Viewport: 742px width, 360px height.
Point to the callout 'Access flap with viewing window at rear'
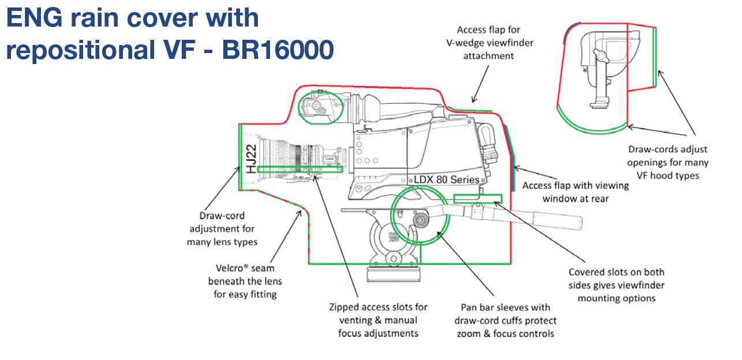(575, 192)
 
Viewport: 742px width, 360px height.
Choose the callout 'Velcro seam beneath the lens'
(246, 281)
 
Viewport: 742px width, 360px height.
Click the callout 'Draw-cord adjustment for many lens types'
(222, 229)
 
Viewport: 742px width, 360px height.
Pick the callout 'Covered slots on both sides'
(616, 285)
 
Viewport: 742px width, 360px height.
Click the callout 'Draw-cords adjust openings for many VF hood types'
(668, 162)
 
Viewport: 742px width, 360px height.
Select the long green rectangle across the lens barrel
(299, 170)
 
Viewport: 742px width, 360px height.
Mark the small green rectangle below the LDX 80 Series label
(478, 198)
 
